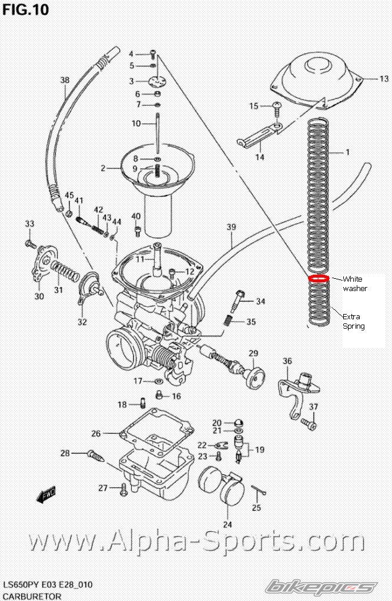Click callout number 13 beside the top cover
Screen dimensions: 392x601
(x=384, y=79)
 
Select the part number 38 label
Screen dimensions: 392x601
(x=65, y=80)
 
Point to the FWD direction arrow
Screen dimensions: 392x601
(x=46, y=495)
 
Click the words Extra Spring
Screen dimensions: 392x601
(x=354, y=321)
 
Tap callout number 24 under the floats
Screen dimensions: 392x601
(x=227, y=525)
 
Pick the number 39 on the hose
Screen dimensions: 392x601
(x=231, y=227)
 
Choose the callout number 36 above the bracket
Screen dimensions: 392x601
(x=287, y=361)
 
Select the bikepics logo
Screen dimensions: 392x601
(x=321, y=587)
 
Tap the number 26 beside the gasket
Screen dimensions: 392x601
(x=96, y=434)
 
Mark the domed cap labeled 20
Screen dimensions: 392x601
(x=239, y=423)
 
